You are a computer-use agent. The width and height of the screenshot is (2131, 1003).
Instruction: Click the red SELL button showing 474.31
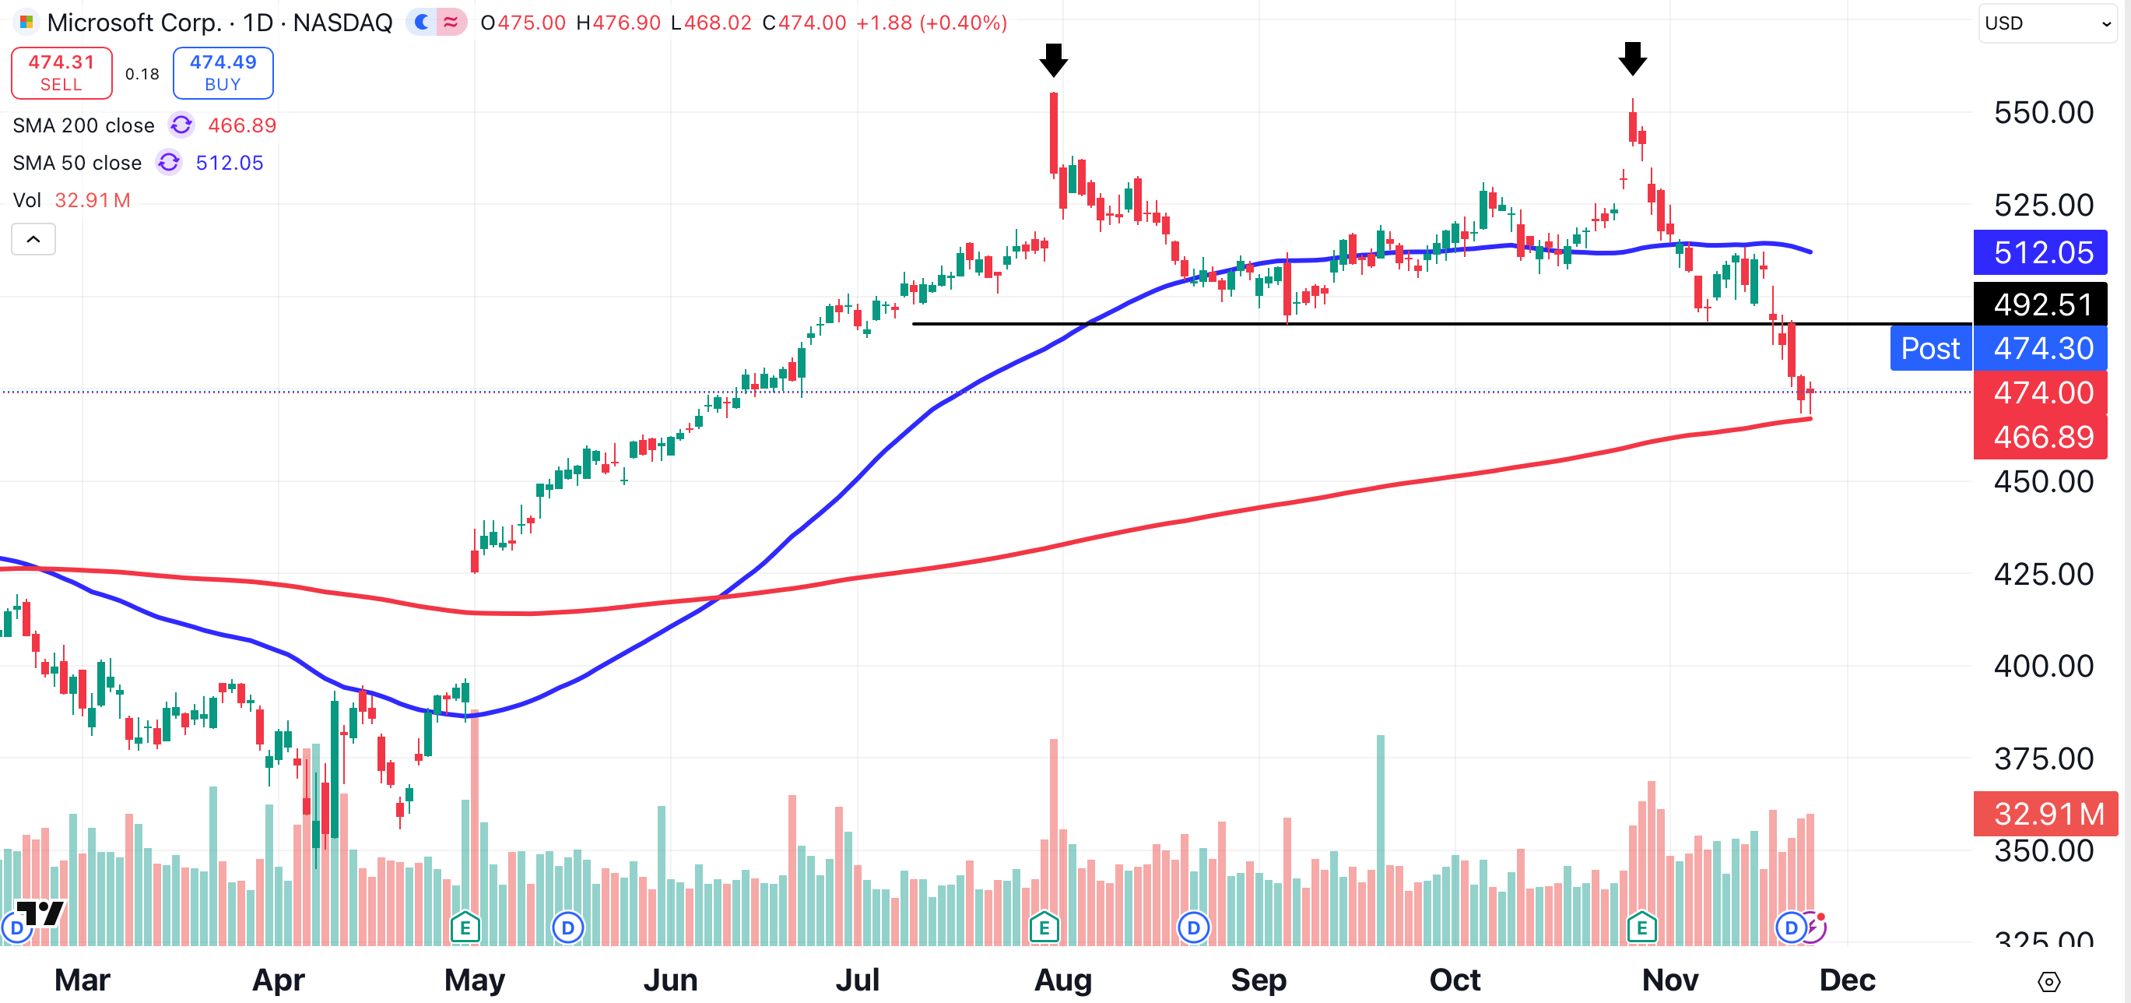(x=61, y=73)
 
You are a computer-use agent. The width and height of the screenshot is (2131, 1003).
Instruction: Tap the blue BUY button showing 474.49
(x=223, y=73)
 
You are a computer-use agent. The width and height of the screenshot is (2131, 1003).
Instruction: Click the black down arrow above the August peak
(x=1053, y=60)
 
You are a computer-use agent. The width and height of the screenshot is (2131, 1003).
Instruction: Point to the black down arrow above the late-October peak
(x=1632, y=58)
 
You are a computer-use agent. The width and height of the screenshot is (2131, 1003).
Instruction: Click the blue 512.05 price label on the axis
(x=2041, y=252)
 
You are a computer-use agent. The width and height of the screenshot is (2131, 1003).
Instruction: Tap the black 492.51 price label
(x=2041, y=304)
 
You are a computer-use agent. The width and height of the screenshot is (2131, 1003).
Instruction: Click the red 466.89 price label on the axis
(x=2041, y=436)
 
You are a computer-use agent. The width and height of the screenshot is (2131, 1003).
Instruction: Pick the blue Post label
(x=1930, y=348)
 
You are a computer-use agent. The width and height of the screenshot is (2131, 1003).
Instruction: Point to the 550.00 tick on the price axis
(x=2042, y=113)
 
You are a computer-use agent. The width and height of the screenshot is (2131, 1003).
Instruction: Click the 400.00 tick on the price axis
(x=2042, y=665)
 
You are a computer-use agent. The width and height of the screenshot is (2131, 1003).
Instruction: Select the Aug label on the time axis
(x=1063, y=980)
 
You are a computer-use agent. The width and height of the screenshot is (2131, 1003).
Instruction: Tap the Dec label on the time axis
(x=1846, y=980)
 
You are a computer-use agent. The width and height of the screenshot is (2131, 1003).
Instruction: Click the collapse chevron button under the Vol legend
(x=33, y=239)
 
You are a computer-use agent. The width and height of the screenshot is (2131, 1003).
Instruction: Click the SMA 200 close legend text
(x=83, y=126)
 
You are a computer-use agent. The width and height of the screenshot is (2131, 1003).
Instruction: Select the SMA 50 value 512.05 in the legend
(x=229, y=163)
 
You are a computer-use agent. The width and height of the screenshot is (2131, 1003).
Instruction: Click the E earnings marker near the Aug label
(x=1044, y=927)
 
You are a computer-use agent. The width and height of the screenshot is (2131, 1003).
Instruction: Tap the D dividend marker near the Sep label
(x=1193, y=927)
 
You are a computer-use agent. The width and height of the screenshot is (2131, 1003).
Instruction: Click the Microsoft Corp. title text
(x=134, y=23)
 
